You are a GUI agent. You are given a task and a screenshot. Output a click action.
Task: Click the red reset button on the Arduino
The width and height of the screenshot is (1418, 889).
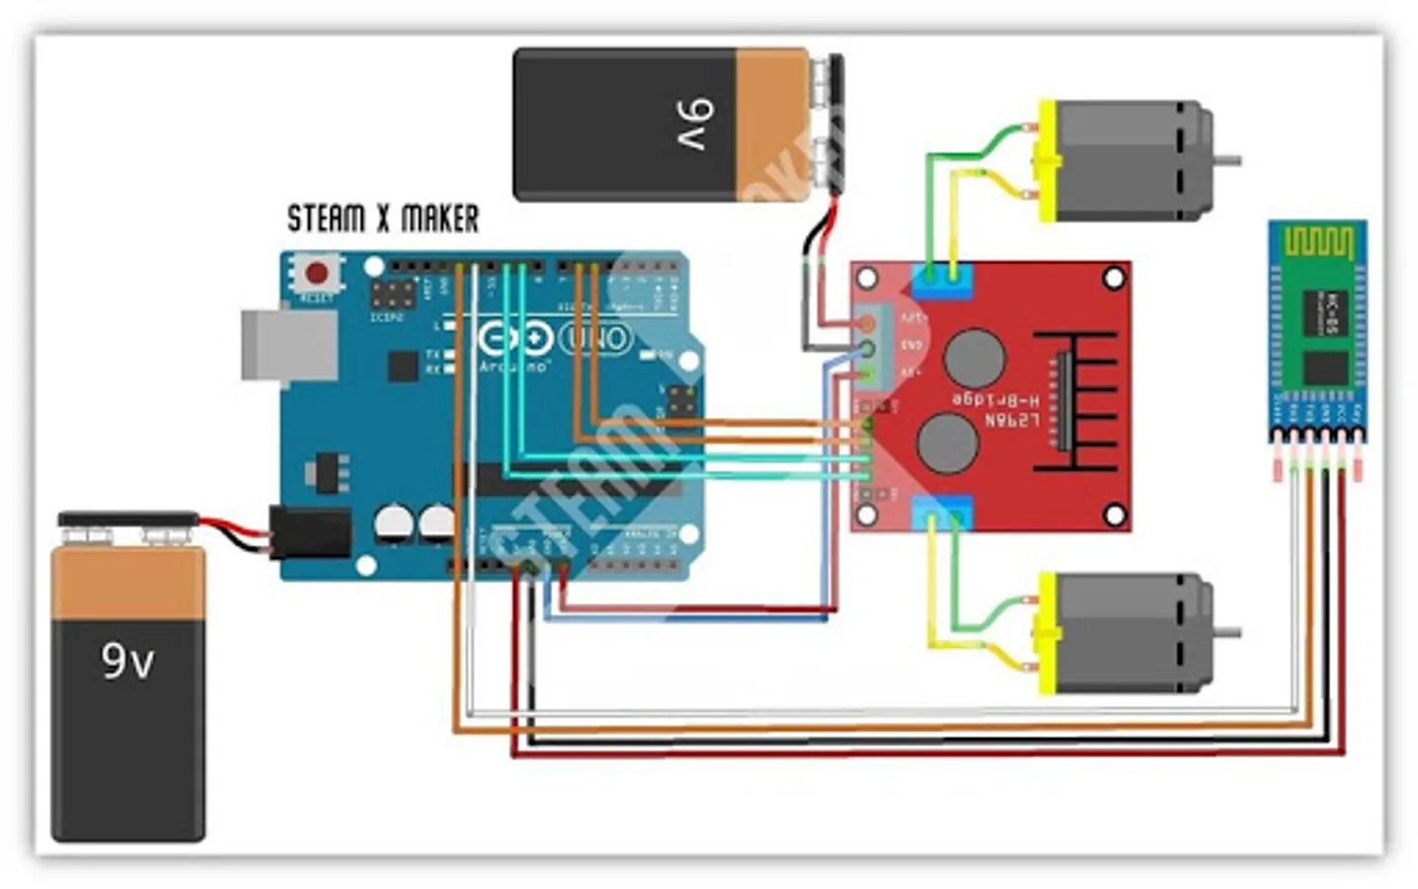coord(317,273)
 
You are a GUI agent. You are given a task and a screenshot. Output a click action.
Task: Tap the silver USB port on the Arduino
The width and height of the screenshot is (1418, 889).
coord(286,345)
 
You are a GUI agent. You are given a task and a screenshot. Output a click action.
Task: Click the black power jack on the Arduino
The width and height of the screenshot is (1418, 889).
coord(311,532)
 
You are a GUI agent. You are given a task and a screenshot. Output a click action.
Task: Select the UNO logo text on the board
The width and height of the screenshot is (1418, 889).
coord(596,339)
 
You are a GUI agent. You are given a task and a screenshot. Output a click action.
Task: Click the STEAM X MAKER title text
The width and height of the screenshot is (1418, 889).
coord(383,218)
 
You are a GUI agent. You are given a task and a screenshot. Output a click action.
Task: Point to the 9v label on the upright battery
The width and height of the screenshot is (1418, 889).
coord(127,660)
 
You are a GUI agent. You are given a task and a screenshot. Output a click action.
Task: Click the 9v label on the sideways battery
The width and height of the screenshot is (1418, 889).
coord(694,123)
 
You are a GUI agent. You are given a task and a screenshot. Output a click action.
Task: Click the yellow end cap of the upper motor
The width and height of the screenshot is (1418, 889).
coord(1046,160)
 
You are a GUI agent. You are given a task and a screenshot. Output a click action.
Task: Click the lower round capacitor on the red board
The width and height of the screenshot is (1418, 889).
coord(948,442)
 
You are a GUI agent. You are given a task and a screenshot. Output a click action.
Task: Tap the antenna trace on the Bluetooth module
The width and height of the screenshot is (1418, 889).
coord(1317,240)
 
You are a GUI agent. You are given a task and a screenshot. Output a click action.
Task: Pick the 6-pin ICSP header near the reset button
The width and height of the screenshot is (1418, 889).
coord(392,293)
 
